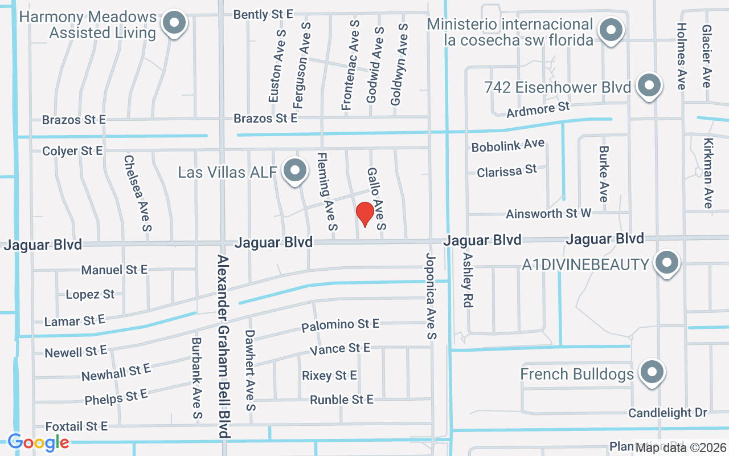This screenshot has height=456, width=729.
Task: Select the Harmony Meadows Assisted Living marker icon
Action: (174, 24)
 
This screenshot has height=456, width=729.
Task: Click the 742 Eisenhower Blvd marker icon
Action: (649, 86)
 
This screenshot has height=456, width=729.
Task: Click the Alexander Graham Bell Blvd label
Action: (223, 346)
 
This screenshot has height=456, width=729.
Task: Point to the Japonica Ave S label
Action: (430, 296)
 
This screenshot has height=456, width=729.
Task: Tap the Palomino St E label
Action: (340, 325)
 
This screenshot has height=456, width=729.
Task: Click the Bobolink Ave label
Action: (507, 145)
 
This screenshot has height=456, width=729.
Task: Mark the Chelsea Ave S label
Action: (138, 193)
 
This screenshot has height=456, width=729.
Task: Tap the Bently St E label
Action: (263, 14)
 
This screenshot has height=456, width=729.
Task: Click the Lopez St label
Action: (90, 295)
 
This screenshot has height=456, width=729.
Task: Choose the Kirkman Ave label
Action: (707, 173)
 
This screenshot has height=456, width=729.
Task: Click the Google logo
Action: (38, 442)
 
